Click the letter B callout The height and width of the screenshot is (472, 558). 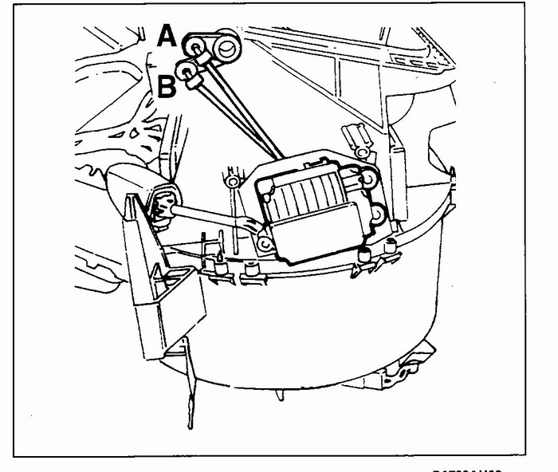(x=167, y=85)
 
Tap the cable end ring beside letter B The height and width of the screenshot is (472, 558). (x=188, y=73)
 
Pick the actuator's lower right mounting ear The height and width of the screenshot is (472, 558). (x=377, y=214)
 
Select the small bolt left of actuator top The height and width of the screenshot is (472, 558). (x=232, y=182)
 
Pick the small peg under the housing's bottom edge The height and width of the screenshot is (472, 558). (x=279, y=395)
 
